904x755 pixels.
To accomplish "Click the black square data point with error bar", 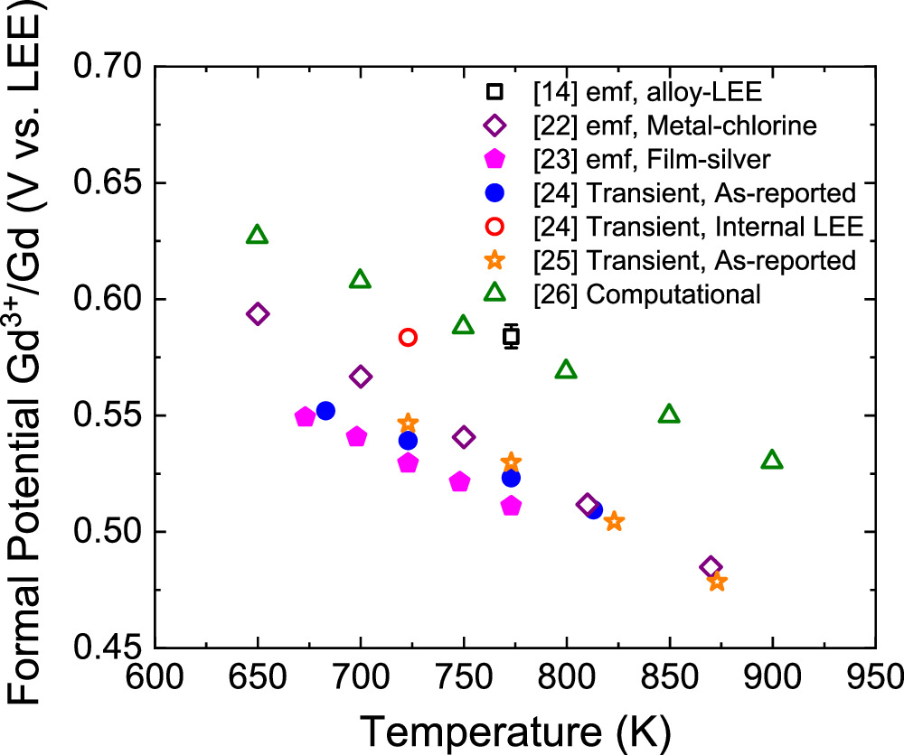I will (x=512, y=337).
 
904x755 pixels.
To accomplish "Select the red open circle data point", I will (x=408, y=337).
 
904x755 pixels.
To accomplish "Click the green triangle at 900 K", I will (x=772, y=461).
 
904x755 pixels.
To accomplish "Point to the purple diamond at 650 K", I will (x=258, y=314).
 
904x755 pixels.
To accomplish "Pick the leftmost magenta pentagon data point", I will (x=305, y=417).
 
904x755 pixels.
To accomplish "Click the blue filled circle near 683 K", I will (x=325, y=411).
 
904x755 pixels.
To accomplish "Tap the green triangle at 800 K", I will (x=566, y=370).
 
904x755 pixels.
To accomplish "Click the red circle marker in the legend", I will (x=494, y=227).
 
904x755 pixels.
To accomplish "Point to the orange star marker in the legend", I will (x=494, y=260).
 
